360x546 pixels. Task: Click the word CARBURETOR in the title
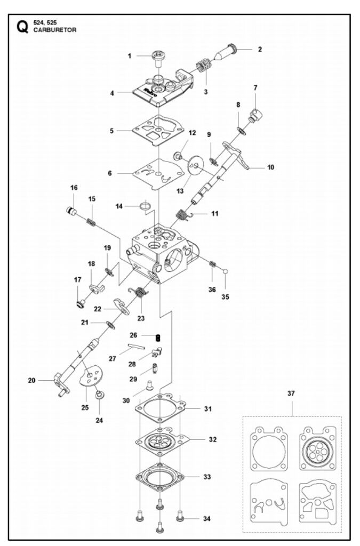[x=54, y=30]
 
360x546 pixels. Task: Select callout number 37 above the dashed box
[x=291, y=394]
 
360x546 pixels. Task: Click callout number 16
[x=74, y=188]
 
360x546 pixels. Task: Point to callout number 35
[x=225, y=297]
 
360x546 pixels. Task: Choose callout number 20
[x=31, y=381]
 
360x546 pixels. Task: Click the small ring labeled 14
[x=146, y=206]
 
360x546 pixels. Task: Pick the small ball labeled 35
[x=226, y=271]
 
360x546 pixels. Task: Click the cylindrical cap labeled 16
[x=71, y=211]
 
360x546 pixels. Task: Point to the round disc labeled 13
[x=196, y=164]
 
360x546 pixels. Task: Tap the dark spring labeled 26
[x=158, y=338]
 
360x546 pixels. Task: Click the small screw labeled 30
[x=150, y=384]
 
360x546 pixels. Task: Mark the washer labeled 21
[x=111, y=325]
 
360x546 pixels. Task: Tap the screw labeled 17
[x=81, y=303]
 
